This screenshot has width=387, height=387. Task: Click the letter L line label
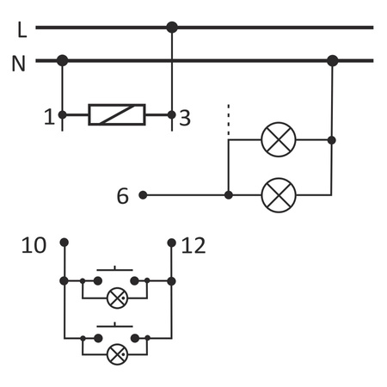(x=21, y=30)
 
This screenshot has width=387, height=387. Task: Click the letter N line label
(x=19, y=64)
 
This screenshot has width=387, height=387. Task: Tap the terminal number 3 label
(x=185, y=118)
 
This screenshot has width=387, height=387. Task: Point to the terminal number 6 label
(x=123, y=196)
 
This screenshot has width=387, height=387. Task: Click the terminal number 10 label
(x=34, y=246)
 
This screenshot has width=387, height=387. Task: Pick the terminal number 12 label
(x=194, y=246)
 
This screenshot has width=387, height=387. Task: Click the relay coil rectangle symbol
(x=117, y=114)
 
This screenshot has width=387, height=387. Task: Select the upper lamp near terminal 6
(x=278, y=139)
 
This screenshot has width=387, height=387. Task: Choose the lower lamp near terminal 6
(x=278, y=194)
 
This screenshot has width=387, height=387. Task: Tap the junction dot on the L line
(x=172, y=28)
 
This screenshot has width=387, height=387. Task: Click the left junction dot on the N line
(x=63, y=60)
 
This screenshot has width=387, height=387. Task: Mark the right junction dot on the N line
(x=333, y=60)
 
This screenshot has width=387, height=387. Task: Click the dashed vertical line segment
(x=228, y=121)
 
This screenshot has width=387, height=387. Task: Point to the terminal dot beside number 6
(x=143, y=195)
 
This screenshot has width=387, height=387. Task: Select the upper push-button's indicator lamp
(x=117, y=298)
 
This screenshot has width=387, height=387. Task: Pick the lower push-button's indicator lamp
(x=117, y=353)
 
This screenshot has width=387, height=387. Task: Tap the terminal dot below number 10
(x=64, y=243)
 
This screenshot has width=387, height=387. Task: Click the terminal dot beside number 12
(x=172, y=243)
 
